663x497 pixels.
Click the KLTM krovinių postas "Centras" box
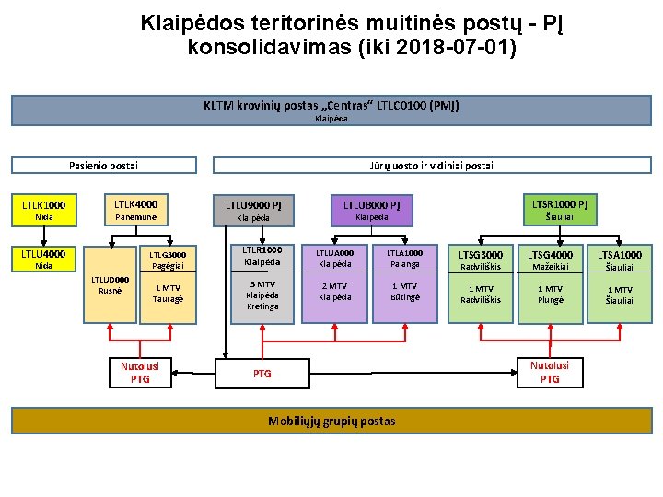pos(331,110)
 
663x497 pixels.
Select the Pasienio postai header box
pos(103,166)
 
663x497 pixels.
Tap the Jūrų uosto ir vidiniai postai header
pos(432,166)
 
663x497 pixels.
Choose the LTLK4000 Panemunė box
pos(135,210)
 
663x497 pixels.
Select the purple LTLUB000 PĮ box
pos(371,210)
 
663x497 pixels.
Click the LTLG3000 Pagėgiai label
pos(169,260)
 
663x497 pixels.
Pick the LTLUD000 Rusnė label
pos(110,285)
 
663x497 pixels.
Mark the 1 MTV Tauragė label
pos(169,294)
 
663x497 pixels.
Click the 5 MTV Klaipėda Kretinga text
pos(262,295)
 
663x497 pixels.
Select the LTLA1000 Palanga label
pos(404,259)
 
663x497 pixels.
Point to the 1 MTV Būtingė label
pos(404,292)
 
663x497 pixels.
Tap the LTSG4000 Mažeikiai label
pos(552,260)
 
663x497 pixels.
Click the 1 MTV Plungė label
pos(551,295)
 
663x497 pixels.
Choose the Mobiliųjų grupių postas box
pos(331,422)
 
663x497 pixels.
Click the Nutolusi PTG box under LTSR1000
pos(550,372)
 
